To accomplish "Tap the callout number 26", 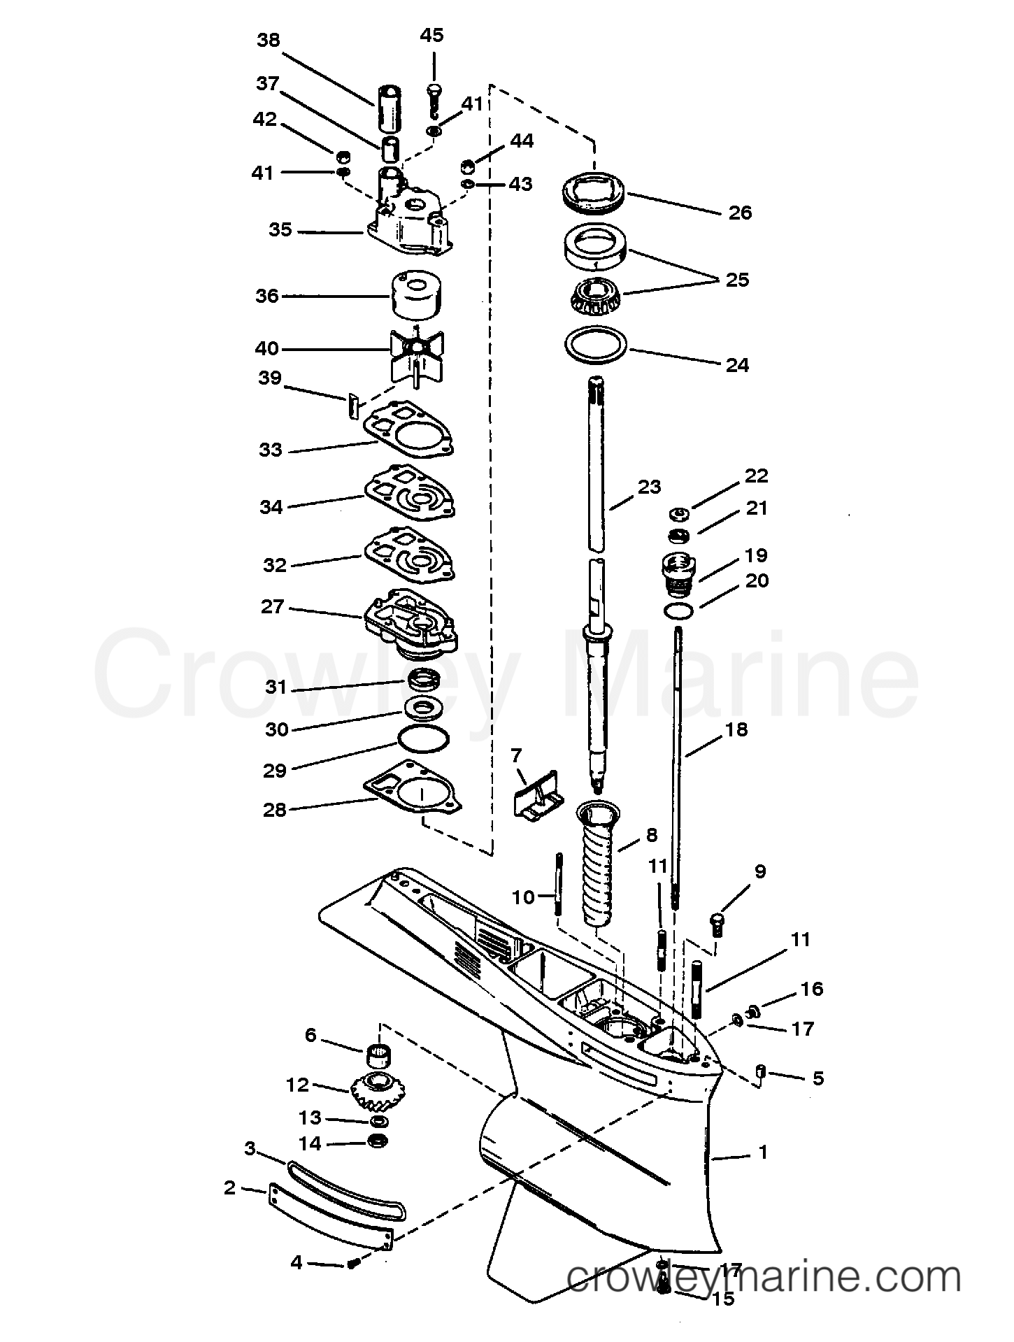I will point(740,213).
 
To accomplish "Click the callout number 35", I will point(280,229).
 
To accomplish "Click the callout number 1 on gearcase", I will point(763,1152).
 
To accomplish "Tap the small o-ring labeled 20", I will point(678,611).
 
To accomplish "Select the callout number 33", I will point(270,450).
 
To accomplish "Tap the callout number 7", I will point(516,755).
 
